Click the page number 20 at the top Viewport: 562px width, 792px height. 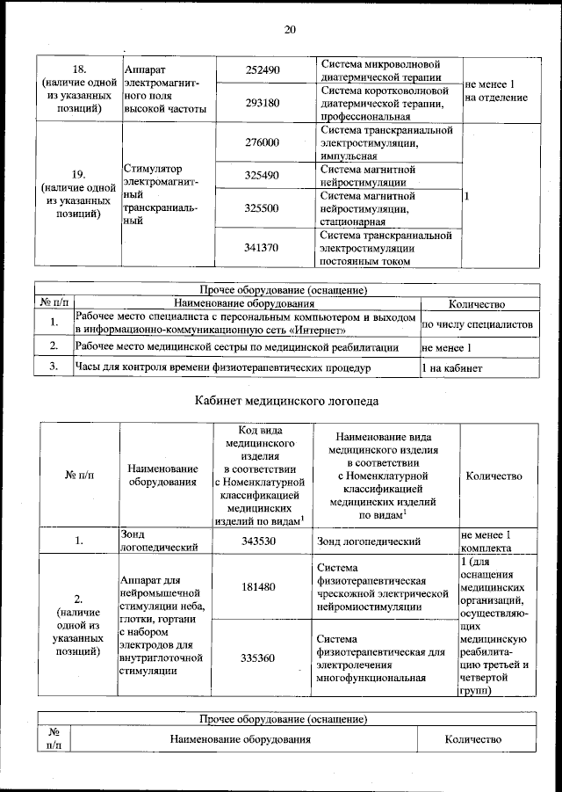290,29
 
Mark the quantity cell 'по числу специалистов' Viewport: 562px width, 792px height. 478,324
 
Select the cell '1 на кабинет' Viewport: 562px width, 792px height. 452,367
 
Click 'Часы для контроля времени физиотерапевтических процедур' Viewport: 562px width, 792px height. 223,367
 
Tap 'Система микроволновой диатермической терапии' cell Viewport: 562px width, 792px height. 379,69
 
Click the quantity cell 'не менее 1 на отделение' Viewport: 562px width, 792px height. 496,90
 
